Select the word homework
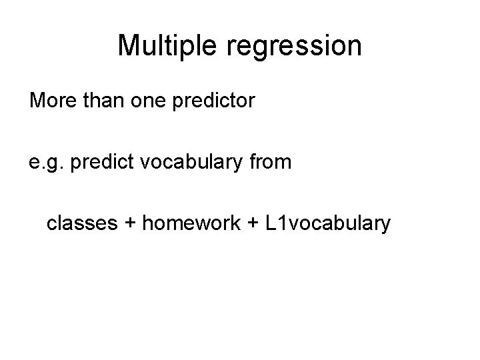(x=190, y=223)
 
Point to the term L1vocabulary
(x=328, y=223)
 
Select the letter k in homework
(x=236, y=223)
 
